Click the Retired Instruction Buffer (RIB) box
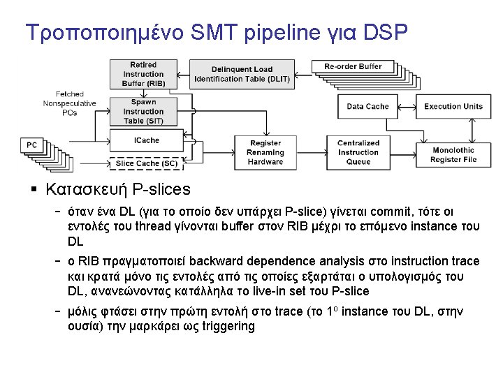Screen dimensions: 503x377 coord(143,74)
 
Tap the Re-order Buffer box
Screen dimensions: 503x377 coord(353,67)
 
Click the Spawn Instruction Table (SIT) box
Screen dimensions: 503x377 coord(143,111)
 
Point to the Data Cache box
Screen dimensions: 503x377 coord(367,106)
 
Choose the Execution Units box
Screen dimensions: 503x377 coord(453,106)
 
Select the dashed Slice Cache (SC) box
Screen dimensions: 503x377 coord(146,164)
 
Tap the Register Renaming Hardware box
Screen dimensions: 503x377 coord(265,153)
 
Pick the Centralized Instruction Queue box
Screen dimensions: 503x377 coord(358,153)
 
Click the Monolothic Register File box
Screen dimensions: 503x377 coord(453,155)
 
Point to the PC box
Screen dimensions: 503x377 coord(32,145)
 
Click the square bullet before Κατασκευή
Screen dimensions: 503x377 coord(33,190)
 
